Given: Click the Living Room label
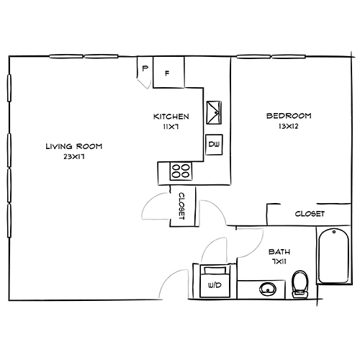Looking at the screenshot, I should pyautogui.click(x=73, y=146).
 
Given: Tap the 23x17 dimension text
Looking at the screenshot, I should pyautogui.click(x=73, y=156).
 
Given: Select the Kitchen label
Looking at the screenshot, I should pyautogui.click(x=171, y=117).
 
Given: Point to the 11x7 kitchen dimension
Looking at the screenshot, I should pyautogui.click(x=171, y=126).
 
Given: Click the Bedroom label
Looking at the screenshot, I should pyautogui.click(x=288, y=116).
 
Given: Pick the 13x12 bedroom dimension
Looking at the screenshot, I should pyautogui.click(x=288, y=126).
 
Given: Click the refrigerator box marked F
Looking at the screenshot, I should pyautogui.click(x=168, y=72).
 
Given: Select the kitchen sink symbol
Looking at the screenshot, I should pyautogui.click(x=215, y=112).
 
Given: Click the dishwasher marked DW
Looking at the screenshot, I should pyautogui.click(x=214, y=145).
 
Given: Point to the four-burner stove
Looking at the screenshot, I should pyautogui.click(x=180, y=172).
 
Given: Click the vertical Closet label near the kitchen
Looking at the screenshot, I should pyautogui.click(x=182, y=206).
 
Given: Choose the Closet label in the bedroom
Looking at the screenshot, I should pyautogui.click(x=310, y=214).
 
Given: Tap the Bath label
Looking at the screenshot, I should pyautogui.click(x=279, y=252).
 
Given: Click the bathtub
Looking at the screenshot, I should pyautogui.click(x=333, y=256).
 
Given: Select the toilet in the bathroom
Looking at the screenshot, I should pyautogui.click(x=301, y=284).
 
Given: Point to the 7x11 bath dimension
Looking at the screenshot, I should pyautogui.click(x=279, y=262).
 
